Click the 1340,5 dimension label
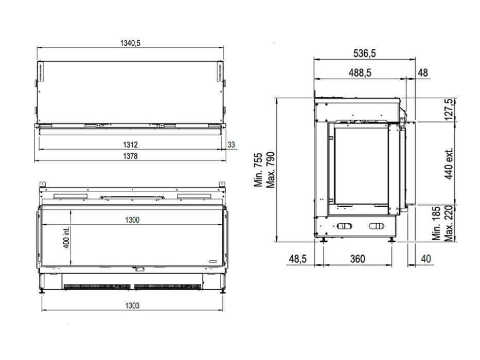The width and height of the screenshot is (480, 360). (x=130, y=43)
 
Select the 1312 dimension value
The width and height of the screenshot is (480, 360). (x=130, y=145)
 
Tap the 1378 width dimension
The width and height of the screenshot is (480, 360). (x=130, y=156)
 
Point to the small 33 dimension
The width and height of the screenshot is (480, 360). (x=232, y=145)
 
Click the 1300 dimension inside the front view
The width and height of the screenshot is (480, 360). (x=132, y=220)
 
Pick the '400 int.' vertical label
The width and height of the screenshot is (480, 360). (x=66, y=237)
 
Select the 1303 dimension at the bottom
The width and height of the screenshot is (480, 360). (x=132, y=305)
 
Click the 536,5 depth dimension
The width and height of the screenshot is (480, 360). (x=364, y=53)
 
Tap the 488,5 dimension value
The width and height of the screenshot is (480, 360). (x=360, y=73)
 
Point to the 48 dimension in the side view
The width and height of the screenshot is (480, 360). (x=423, y=73)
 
